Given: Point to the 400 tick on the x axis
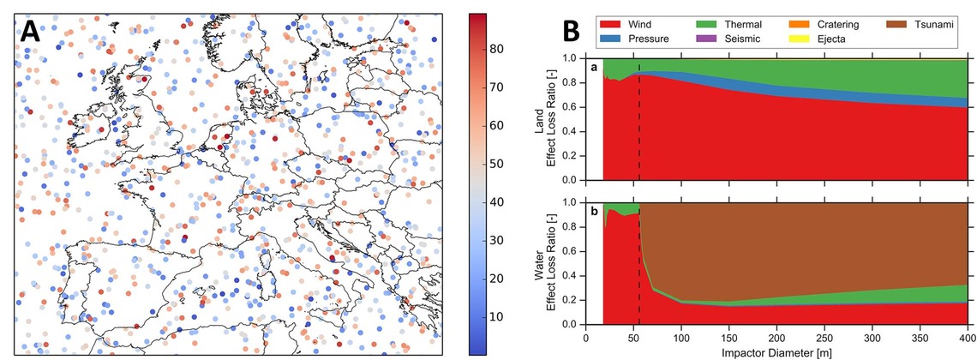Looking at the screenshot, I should (x=967, y=335).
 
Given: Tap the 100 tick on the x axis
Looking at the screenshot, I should (x=681, y=335).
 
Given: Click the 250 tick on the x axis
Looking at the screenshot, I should (x=824, y=335).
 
